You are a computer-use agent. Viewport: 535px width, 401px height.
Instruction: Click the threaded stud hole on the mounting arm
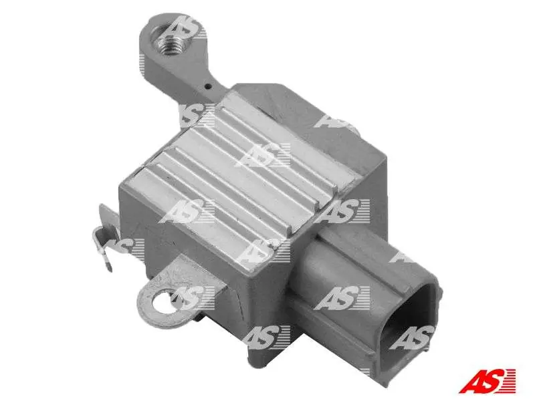(x=169, y=43)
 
